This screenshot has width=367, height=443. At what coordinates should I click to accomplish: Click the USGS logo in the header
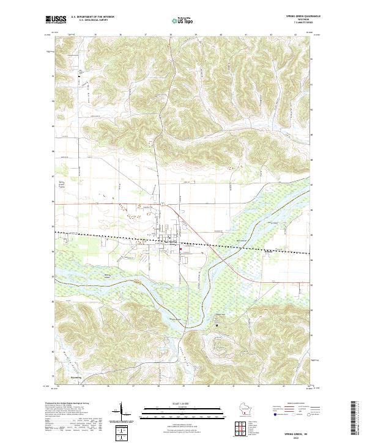pos(56,20)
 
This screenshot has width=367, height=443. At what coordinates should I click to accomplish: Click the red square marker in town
pos(181,249)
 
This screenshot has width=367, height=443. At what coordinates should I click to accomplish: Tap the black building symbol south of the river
pos(216,325)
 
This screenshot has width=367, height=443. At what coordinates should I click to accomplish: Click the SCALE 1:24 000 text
pos(183,403)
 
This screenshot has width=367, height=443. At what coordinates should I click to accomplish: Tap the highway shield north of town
pos(163,203)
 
